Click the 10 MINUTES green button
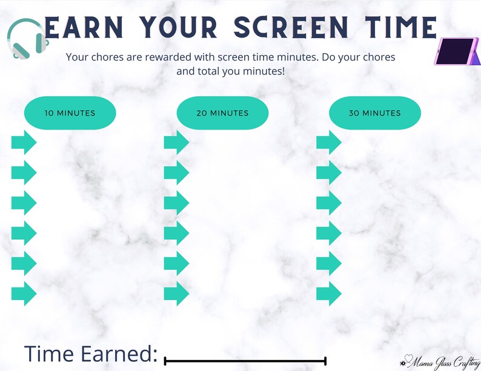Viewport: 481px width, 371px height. coord(70,113)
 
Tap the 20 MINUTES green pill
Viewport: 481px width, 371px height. coord(222,113)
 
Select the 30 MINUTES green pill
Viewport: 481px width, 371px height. coord(374,113)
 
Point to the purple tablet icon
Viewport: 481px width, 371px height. coord(457,51)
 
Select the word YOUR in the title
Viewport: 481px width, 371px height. coord(181,27)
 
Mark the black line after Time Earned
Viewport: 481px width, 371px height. coord(245,361)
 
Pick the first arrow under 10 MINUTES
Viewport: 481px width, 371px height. coord(24,143)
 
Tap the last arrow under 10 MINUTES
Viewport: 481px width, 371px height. coord(24,293)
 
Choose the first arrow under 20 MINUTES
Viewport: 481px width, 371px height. coord(176,143)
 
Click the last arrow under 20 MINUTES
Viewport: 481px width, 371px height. coord(176,293)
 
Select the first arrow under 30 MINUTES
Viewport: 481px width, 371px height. coord(329,143)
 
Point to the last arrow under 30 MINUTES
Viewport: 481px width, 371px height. coord(329,293)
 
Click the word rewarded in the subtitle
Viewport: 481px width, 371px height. coord(163,57)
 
